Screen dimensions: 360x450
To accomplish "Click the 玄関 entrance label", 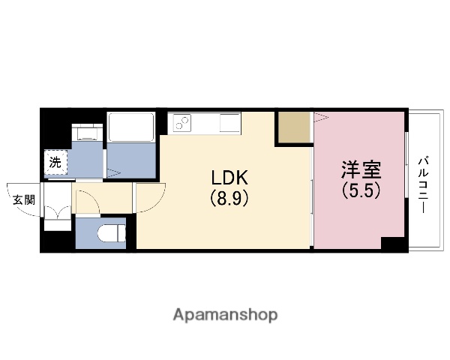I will pyautogui.click(x=23, y=199).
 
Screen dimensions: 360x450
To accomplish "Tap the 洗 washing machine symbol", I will pyautogui.click(x=55, y=161).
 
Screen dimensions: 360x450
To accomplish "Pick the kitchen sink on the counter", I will pyautogui.click(x=226, y=121).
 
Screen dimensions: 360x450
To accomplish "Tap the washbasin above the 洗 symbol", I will pyautogui.click(x=87, y=133).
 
